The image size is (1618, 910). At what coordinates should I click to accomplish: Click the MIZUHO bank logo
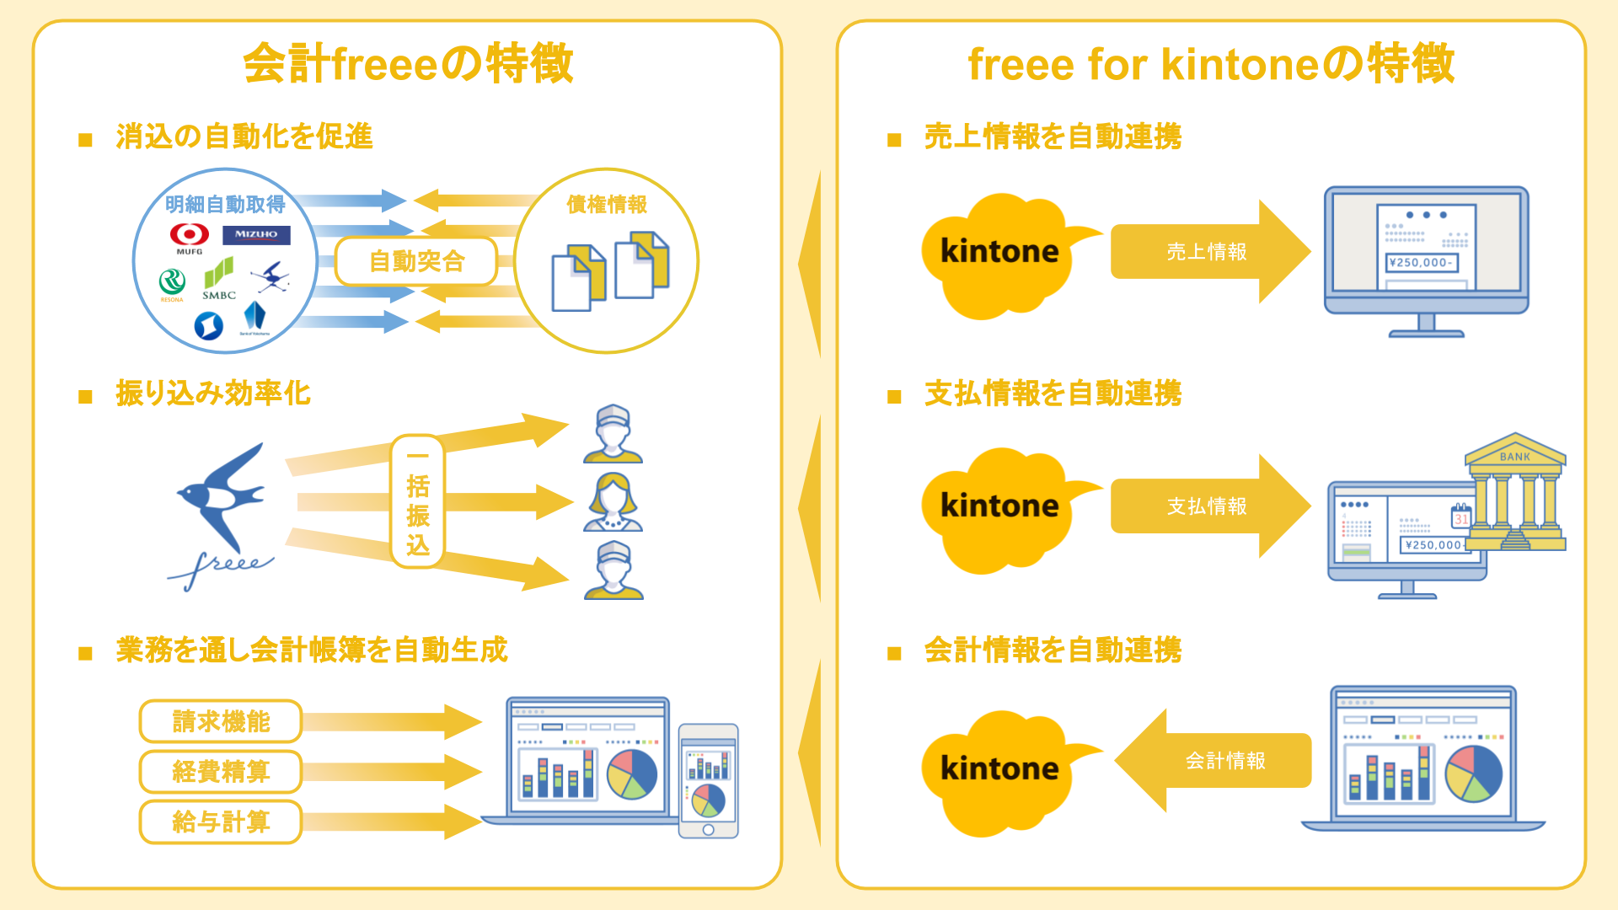click(x=256, y=235)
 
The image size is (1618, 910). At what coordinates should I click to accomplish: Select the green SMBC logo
click(x=219, y=278)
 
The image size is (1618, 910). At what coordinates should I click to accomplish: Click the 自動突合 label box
click(x=416, y=261)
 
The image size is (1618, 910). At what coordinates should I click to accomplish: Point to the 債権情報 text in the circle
click(x=607, y=204)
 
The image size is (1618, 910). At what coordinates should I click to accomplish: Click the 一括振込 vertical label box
click(x=417, y=501)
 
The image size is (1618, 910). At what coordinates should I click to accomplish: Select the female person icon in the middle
click(x=613, y=502)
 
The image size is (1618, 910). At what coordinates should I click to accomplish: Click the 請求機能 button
click(x=221, y=721)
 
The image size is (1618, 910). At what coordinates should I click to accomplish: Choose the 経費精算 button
click(x=221, y=771)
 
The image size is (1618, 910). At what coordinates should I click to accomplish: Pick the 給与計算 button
click(x=221, y=822)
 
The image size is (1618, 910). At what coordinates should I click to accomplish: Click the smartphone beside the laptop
click(x=708, y=780)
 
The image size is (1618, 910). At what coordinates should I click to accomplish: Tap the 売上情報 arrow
click(x=1207, y=252)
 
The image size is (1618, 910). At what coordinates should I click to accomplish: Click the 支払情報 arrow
click(x=1207, y=506)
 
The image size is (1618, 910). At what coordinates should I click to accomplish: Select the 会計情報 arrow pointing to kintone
click(x=1222, y=761)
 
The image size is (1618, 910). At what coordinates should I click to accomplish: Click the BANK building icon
click(x=1514, y=493)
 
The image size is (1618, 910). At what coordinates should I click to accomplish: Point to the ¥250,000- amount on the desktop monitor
click(x=1421, y=263)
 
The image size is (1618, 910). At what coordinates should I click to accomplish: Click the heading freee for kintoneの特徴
click(x=1211, y=64)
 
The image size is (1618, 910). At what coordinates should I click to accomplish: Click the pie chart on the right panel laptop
click(x=1473, y=773)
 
